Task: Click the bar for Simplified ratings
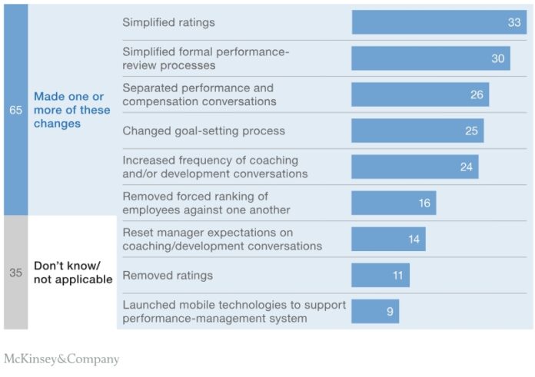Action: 438,22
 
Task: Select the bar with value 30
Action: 430,58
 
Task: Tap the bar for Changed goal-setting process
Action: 417,131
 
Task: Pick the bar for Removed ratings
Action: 380,275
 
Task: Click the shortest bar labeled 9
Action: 375,311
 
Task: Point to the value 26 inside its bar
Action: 477,94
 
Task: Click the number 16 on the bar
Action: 424,203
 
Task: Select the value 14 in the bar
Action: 414,239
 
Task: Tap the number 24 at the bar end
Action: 467,167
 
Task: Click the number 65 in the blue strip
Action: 15,110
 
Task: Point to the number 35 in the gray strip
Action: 15,273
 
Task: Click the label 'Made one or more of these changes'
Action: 71,110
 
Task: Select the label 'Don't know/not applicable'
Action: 72,273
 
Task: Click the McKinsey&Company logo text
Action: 61,359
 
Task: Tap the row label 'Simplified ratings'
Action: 168,22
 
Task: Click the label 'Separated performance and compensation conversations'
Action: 198,94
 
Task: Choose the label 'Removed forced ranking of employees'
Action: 206,203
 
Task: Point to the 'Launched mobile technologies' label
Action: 234,311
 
